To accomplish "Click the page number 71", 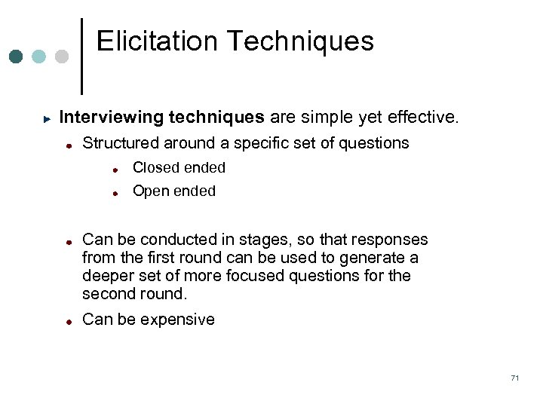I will click(514, 378).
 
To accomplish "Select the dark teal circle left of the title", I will click(17, 57).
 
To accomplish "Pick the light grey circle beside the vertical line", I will click(62, 57).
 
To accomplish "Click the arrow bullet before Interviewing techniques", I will click(47, 119).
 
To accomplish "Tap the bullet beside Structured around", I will click(69, 145).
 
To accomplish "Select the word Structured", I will click(121, 143).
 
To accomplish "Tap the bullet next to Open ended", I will click(117, 193).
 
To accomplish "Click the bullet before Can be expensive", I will click(69, 321).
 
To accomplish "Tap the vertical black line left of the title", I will click(81, 57).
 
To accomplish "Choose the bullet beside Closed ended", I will click(117, 170).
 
